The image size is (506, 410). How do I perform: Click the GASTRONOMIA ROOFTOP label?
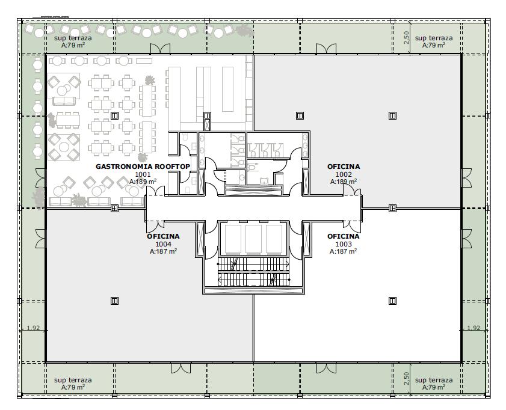point(143,167)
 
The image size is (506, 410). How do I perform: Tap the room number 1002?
point(344,174)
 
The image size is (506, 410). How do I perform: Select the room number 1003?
point(344,244)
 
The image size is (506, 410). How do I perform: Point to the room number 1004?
point(163,244)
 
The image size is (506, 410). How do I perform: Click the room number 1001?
point(143,174)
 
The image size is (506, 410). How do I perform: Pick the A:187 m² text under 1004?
point(163,251)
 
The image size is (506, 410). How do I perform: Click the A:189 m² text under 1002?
point(344,182)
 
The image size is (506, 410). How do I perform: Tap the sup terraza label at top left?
point(73,38)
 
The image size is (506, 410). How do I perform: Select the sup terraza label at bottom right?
point(434,381)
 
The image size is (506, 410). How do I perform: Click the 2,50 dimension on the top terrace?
point(406,37)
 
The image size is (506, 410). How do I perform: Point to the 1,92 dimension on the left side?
point(33,328)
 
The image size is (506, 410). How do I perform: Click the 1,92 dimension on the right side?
point(474,328)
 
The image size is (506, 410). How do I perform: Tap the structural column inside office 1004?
point(114,301)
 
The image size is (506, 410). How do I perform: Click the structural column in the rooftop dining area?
point(114,115)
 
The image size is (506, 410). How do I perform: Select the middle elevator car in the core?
point(253,239)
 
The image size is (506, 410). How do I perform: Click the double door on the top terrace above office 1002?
point(326,49)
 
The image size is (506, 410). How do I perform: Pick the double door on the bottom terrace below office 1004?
point(181,368)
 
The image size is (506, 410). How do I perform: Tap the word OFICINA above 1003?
point(344,236)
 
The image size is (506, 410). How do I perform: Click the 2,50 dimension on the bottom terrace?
point(406,378)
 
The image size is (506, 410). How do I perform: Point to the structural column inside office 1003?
point(392,301)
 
